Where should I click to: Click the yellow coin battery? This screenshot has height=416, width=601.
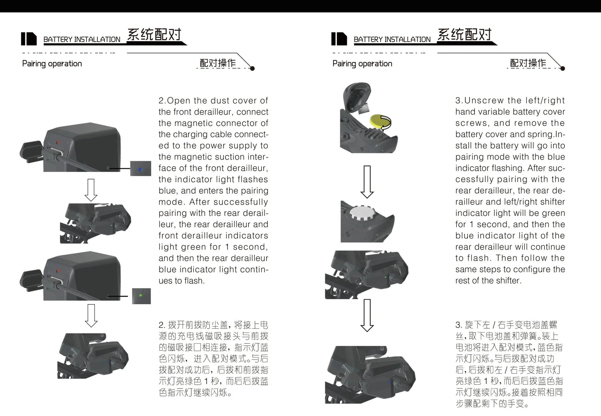378,121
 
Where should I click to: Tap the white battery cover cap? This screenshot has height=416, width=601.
362,213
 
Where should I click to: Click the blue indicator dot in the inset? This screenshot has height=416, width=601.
140,170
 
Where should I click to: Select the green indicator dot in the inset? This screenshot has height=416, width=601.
141,295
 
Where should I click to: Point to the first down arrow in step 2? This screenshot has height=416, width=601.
91,190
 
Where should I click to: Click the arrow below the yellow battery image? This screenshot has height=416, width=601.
367,182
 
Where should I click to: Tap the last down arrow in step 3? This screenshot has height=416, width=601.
367,315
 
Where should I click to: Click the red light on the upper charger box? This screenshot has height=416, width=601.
57,142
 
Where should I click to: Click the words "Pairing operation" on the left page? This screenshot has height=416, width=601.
52,64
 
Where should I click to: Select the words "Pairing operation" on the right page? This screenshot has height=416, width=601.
362,64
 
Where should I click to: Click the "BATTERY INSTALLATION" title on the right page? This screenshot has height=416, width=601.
392,39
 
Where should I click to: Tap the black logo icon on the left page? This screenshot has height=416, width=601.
29,39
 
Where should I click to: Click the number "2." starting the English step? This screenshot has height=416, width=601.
162,101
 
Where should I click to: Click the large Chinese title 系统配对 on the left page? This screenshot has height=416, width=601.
154,34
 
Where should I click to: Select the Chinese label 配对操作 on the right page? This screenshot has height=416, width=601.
528,63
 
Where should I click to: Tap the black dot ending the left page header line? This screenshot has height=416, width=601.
252,68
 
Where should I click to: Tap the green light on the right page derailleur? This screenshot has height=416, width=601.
386,277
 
